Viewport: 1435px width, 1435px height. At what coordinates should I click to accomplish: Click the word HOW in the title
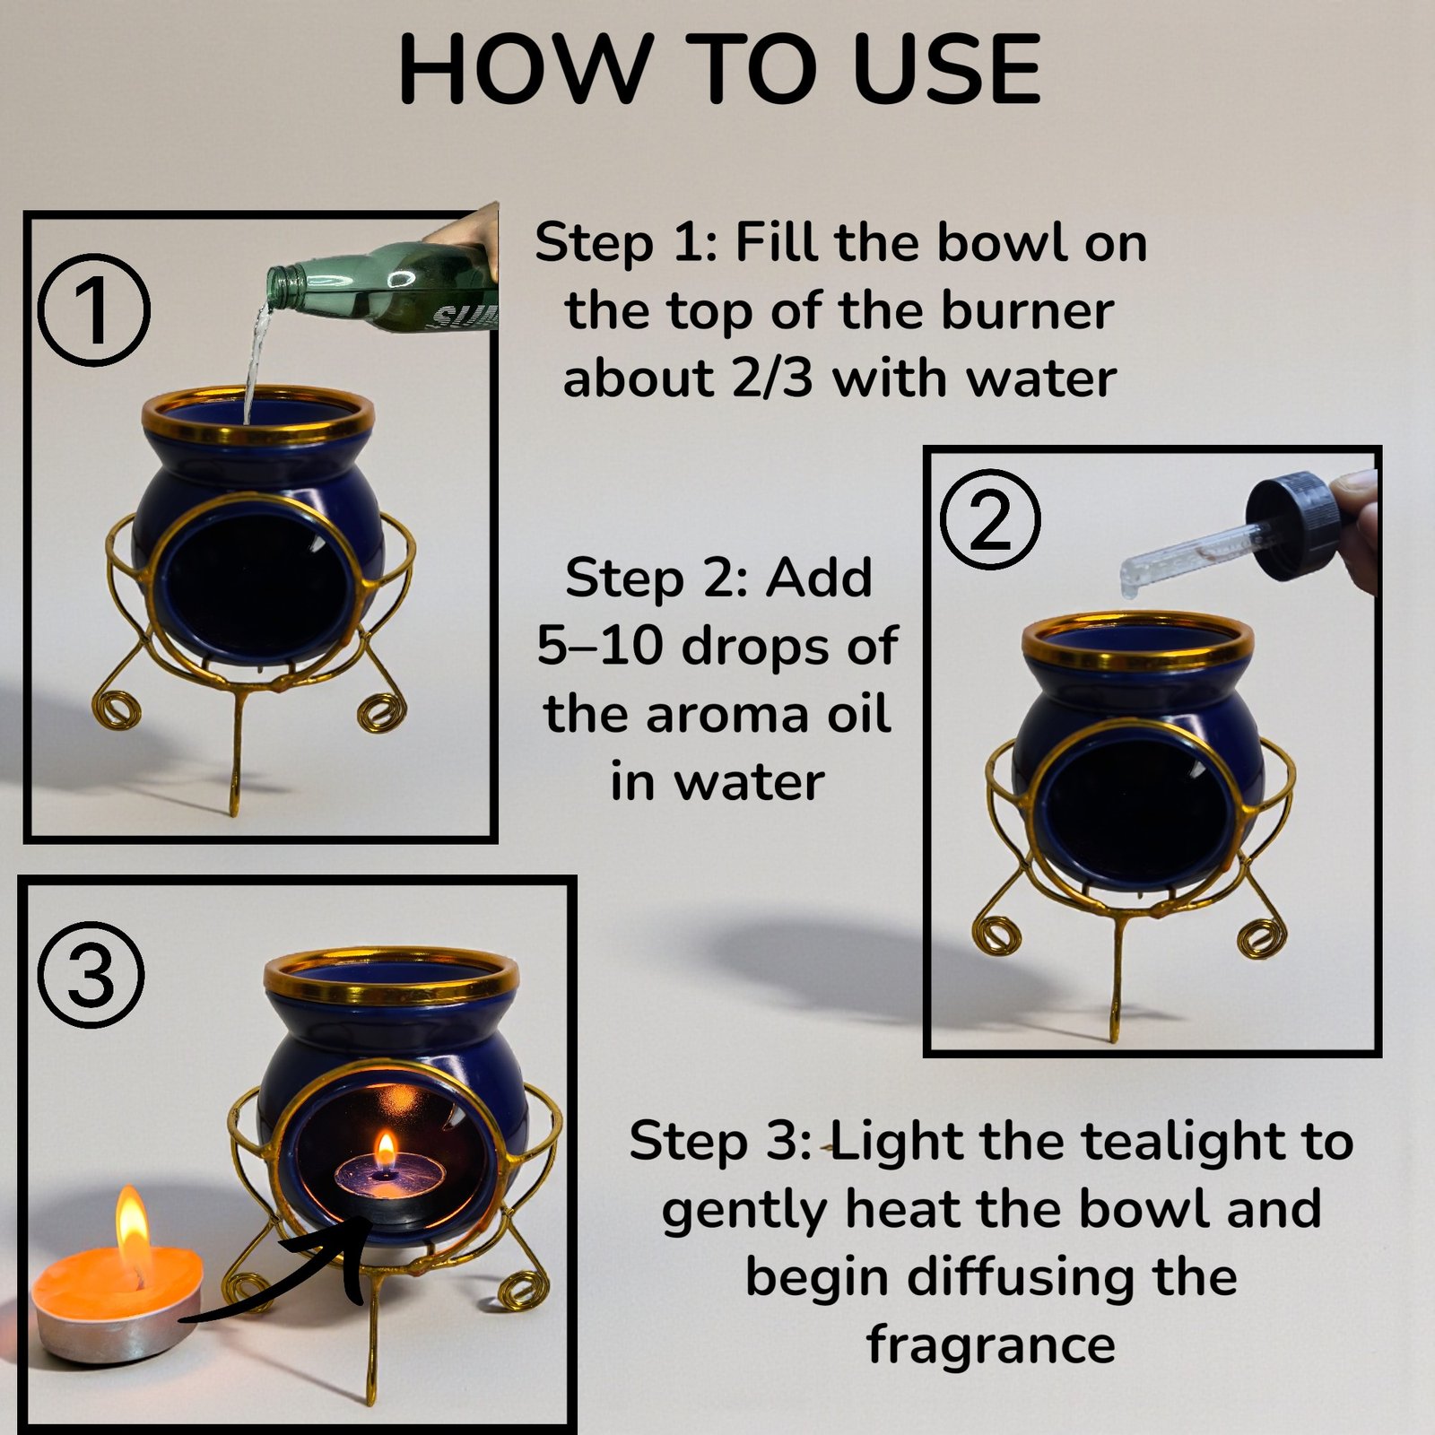(x=525, y=70)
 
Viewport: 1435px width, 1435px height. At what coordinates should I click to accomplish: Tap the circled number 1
(x=94, y=309)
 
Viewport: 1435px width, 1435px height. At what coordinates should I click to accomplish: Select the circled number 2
(x=990, y=519)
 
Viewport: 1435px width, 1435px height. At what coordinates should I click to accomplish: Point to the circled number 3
(x=91, y=975)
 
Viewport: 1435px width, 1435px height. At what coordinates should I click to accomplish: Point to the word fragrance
(x=991, y=1344)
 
